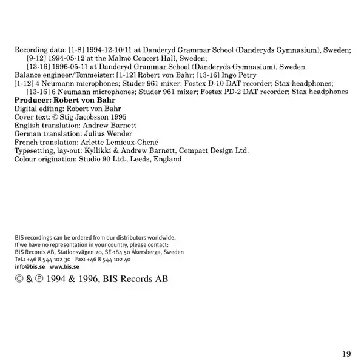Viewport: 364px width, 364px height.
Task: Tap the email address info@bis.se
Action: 29,266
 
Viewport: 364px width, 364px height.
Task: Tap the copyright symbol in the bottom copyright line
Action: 19,280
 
